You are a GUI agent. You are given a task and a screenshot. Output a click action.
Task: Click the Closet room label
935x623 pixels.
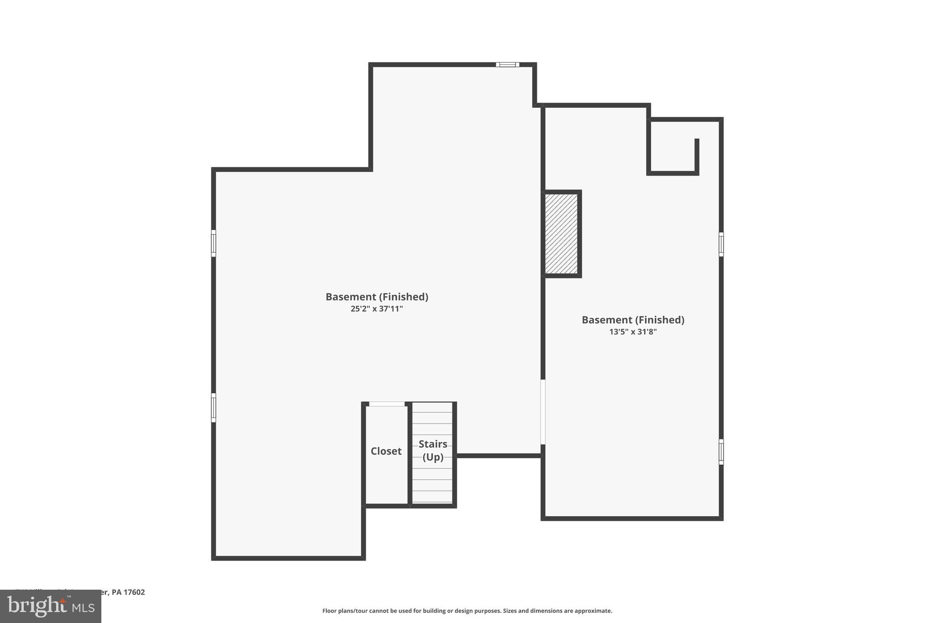pyautogui.click(x=386, y=451)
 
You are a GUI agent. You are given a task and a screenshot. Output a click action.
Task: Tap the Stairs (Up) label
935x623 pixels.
pyautogui.click(x=433, y=450)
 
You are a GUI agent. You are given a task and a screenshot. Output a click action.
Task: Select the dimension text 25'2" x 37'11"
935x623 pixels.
pyautogui.click(x=377, y=309)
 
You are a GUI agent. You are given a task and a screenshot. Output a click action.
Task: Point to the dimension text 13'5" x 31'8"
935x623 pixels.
pyautogui.click(x=633, y=332)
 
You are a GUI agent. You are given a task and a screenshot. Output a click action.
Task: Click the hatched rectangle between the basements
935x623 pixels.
pyautogui.click(x=561, y=234)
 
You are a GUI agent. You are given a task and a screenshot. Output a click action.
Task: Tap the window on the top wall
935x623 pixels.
pyautogui.click(x=507, y=64)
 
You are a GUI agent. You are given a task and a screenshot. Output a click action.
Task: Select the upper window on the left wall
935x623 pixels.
pyautogui.click(x=213, y=243)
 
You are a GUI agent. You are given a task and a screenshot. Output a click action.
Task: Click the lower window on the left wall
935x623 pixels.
pyautogui.click(x=213, y=408)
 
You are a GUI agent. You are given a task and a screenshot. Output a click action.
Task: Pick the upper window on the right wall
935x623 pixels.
pyautogui.click(x=721, y=244)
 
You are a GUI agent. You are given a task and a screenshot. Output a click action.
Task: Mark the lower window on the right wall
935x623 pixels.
pyautogui.click(x=721, y=452)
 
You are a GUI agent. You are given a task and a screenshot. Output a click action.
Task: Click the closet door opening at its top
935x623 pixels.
pyautogui.click(x=387, y=404)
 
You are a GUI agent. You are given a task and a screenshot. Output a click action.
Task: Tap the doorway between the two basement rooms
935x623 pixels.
pyautogui.click(x=543, y=412)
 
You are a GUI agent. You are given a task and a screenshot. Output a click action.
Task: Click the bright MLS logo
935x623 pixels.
pyautogui.click(x=50, y=606)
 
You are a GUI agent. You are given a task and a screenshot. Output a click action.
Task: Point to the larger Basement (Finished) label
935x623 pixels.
pyautogui.click(x=377, y=297)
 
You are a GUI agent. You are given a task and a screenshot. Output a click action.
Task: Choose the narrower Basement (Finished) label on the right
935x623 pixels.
pyautogui.click(x=633, y=320)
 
